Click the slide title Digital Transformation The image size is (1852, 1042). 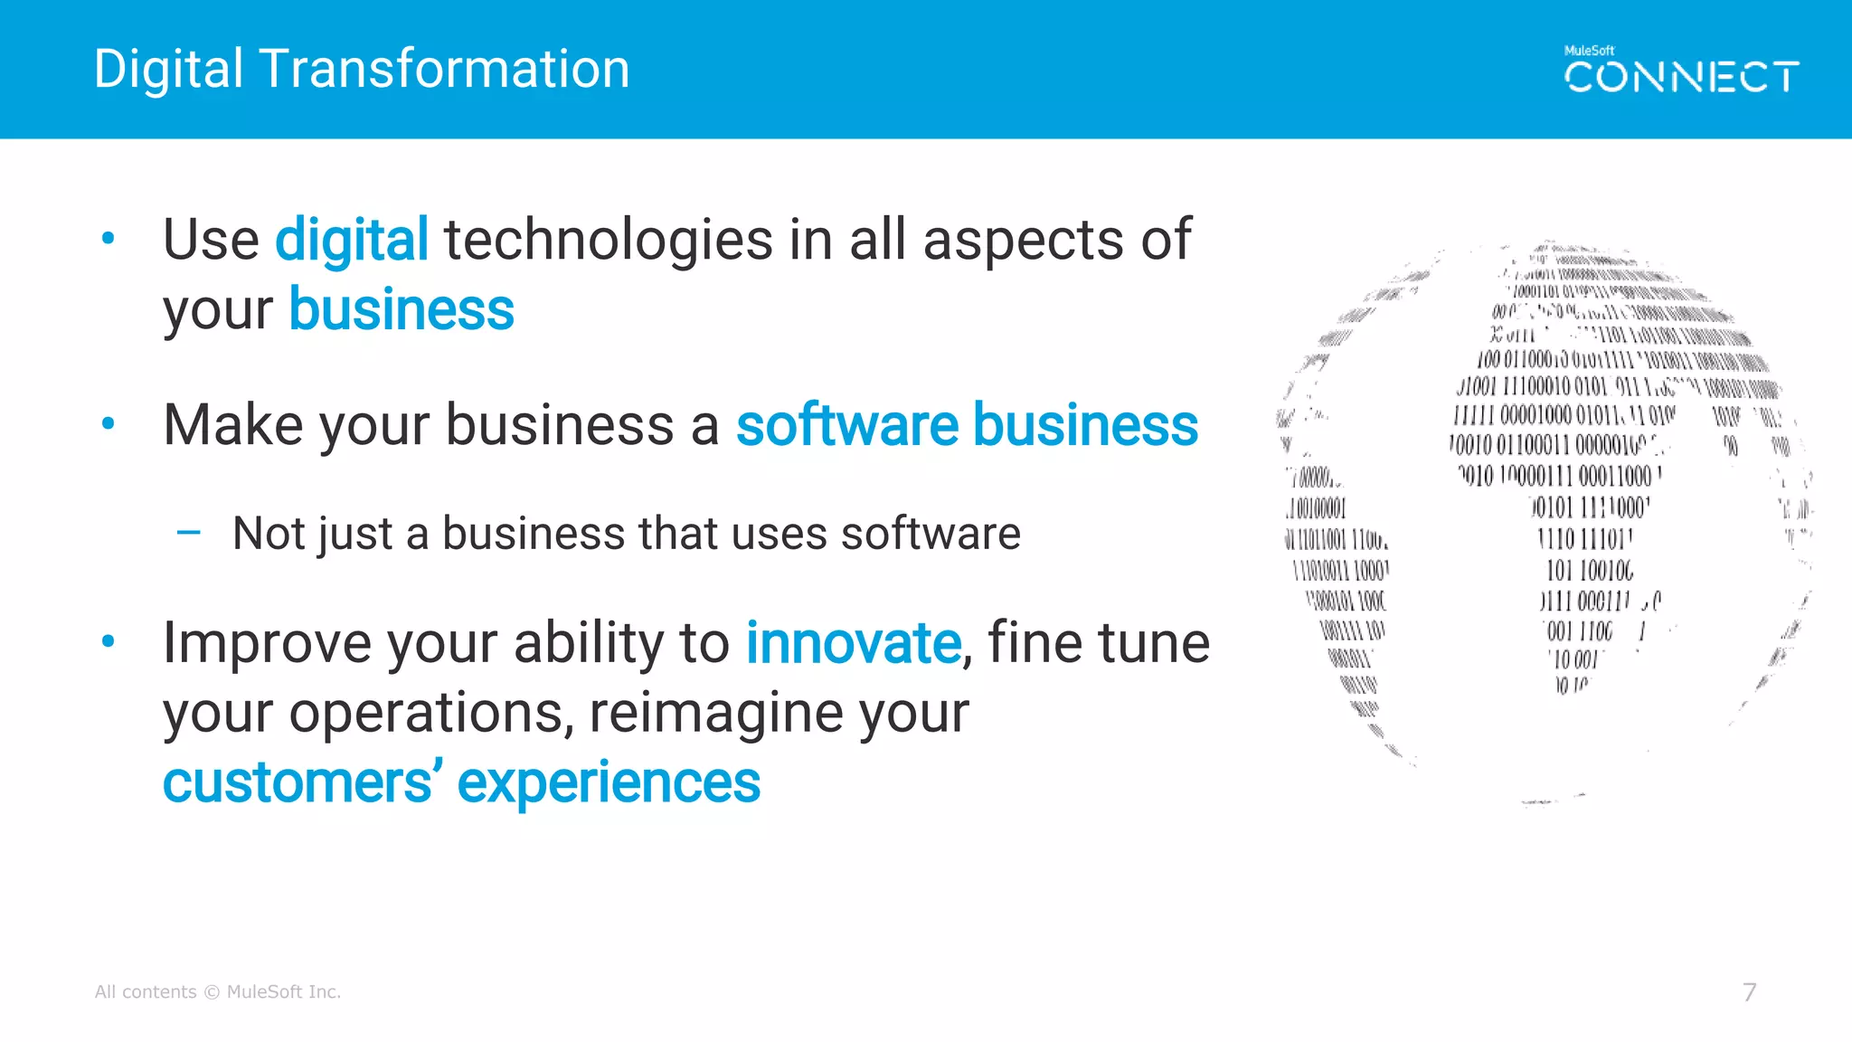click(x=362, y=70)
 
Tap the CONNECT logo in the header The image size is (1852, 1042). click(x=1681, y=77)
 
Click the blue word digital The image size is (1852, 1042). click(x=352, y=241)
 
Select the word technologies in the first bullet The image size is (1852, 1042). click(x=608, y=241)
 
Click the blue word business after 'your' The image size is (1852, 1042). click(x=402, y=310)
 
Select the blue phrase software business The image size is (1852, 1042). click(x=967, y=425)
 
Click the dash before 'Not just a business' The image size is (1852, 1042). click(x=189, y=533)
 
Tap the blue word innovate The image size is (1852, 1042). click(x=853, y=644)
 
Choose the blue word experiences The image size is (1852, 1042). click(x=609, y=783)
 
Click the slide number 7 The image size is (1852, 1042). click(x=1750, y=992)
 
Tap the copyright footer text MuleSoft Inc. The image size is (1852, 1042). click(x=283, y=992)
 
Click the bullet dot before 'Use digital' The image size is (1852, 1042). click(x=109, y=239)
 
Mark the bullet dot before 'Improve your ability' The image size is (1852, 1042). click(x=109, y=642)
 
